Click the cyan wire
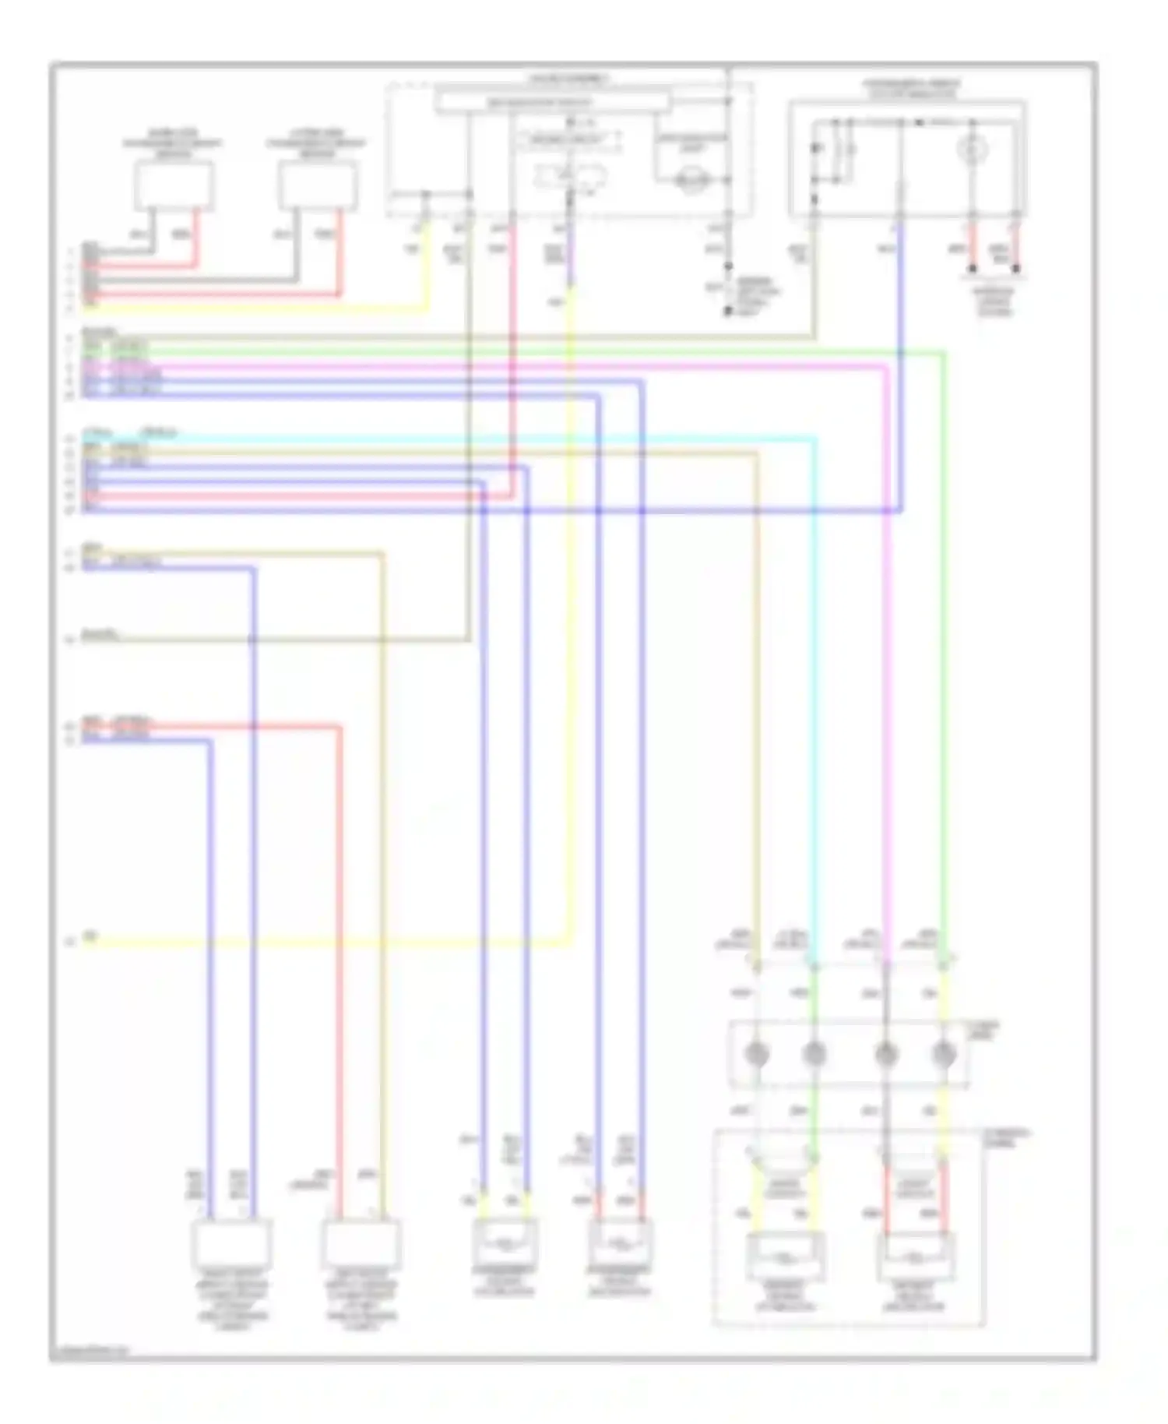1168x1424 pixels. pos(814,701)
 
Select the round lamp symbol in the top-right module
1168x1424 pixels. pos(972,150)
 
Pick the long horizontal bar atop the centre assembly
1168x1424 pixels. pos(552,102)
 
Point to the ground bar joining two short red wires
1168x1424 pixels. pos(994,270)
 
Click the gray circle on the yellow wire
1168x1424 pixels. pos(944,1055)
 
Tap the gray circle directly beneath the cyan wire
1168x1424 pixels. pos(814,1055)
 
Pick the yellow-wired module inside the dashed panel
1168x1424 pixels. pos(785,1257)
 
